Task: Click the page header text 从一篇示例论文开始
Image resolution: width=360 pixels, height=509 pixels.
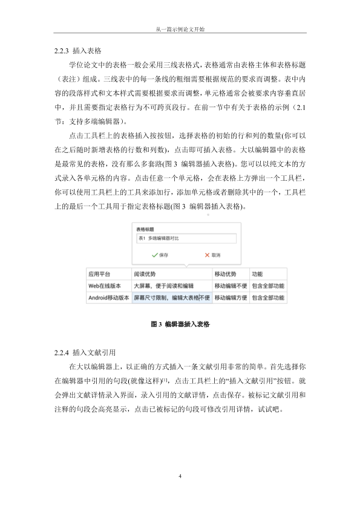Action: coord(180,29)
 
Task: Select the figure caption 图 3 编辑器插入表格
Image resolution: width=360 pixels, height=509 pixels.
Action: coord(180,324)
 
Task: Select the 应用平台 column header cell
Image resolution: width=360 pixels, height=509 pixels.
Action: coord(108,273)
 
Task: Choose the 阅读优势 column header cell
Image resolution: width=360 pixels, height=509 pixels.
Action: coord(171,273)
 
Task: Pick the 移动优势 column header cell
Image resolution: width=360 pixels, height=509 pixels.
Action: coord(230,273)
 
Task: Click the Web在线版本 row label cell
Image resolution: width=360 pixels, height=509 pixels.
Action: coord(108,285)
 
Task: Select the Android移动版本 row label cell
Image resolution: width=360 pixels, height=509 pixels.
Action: coord(108,297)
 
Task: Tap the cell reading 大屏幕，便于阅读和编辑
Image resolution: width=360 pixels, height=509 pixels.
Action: coord(171,285)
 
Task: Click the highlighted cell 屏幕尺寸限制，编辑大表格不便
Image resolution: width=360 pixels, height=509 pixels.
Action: coord(171,297)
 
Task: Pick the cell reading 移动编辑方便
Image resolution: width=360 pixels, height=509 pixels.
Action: coord(230,297)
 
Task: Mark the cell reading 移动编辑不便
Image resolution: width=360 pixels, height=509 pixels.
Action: coord(230,285)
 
